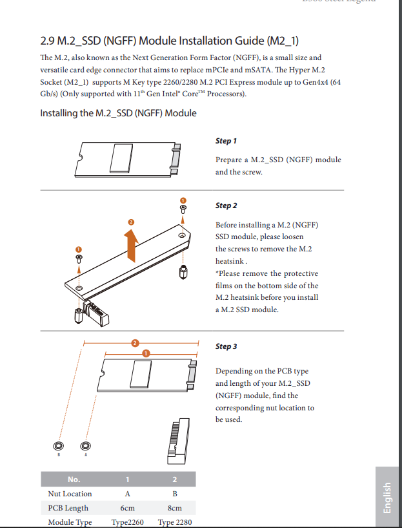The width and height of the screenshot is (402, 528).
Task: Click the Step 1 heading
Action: (226, 141)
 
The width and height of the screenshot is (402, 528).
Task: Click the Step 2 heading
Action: (226, 206)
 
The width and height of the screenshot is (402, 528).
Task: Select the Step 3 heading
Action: (226, 346)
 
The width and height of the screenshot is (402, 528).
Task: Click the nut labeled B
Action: (58, 446)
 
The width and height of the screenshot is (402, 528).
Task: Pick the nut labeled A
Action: (85, 446)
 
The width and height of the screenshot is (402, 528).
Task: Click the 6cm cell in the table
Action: (127, 508)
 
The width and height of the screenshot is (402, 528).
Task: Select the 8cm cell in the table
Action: (174, 508)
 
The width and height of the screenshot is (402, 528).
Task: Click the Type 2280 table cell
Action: (174, 522)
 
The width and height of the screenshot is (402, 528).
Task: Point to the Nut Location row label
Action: (70, 494)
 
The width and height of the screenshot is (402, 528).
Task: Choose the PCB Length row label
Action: (68, 508)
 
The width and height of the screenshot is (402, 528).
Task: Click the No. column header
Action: (74, 480)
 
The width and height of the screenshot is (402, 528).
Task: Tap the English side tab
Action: (387, 498)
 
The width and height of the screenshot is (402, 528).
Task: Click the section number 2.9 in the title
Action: (48, 41)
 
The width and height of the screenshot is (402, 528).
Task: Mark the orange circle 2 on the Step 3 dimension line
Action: (134, 343)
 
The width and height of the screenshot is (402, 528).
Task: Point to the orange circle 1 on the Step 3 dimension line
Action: (146, 354)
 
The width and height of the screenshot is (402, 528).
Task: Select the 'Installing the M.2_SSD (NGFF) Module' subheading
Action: (118, 113)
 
